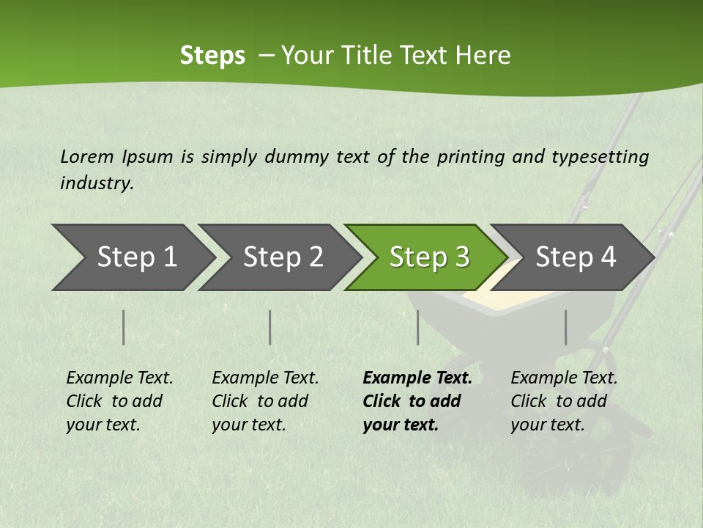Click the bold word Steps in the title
click(212, 56)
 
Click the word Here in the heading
click(483, 56)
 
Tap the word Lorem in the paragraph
click(87, 156)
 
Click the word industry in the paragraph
click(96, 183)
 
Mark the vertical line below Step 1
click(124, 327)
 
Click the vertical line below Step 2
click(270, 327)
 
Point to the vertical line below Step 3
click(417, 327)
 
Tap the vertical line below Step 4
click(565, 327)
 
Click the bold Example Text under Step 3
click(417, 378)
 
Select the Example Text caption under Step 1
click(119, 378)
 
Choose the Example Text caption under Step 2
click(265, 378)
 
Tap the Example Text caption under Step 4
click(564, 378)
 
